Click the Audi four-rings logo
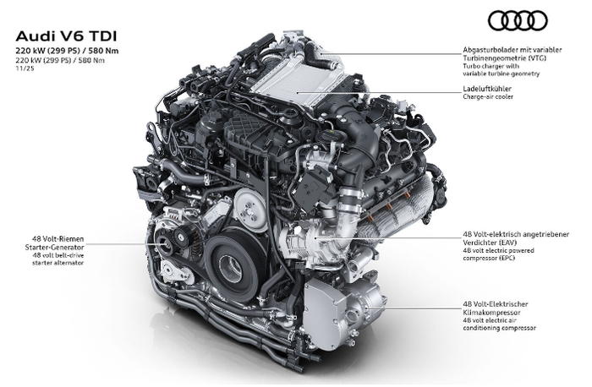(x=518, y=20)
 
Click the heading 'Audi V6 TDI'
(x=67, y=36)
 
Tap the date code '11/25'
(x=22, y=68)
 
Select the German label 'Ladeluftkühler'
(x=487, y=89)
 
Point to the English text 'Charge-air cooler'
(x=488, y=96)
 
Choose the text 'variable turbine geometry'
(x=502, y=74)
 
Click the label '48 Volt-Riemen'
(x=58, y=239)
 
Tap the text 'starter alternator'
(x=58, y=263)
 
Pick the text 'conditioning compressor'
(x=499, y=329)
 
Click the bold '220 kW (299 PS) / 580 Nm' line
(x=67, y=51)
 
